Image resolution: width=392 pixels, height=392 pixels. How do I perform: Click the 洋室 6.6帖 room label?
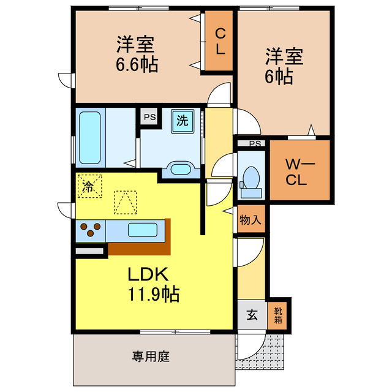coord(137,54)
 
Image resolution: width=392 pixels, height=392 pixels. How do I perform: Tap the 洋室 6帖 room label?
coord(283,66)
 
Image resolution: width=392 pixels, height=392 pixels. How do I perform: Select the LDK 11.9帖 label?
coord(153,284)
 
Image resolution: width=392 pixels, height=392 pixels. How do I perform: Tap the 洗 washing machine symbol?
coord(183,121)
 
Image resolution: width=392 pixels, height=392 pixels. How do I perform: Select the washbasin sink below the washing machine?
coord(180,168)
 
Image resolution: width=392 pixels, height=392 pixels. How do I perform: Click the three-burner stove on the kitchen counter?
coord(90,231)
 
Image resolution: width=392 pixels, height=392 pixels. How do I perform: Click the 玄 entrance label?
coord(251,316)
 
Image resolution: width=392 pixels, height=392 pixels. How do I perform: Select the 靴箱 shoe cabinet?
coord(278,315)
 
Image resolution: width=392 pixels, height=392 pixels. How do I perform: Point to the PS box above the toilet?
coord(255,144)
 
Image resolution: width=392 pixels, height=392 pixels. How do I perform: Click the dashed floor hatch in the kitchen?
coord(125,202)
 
